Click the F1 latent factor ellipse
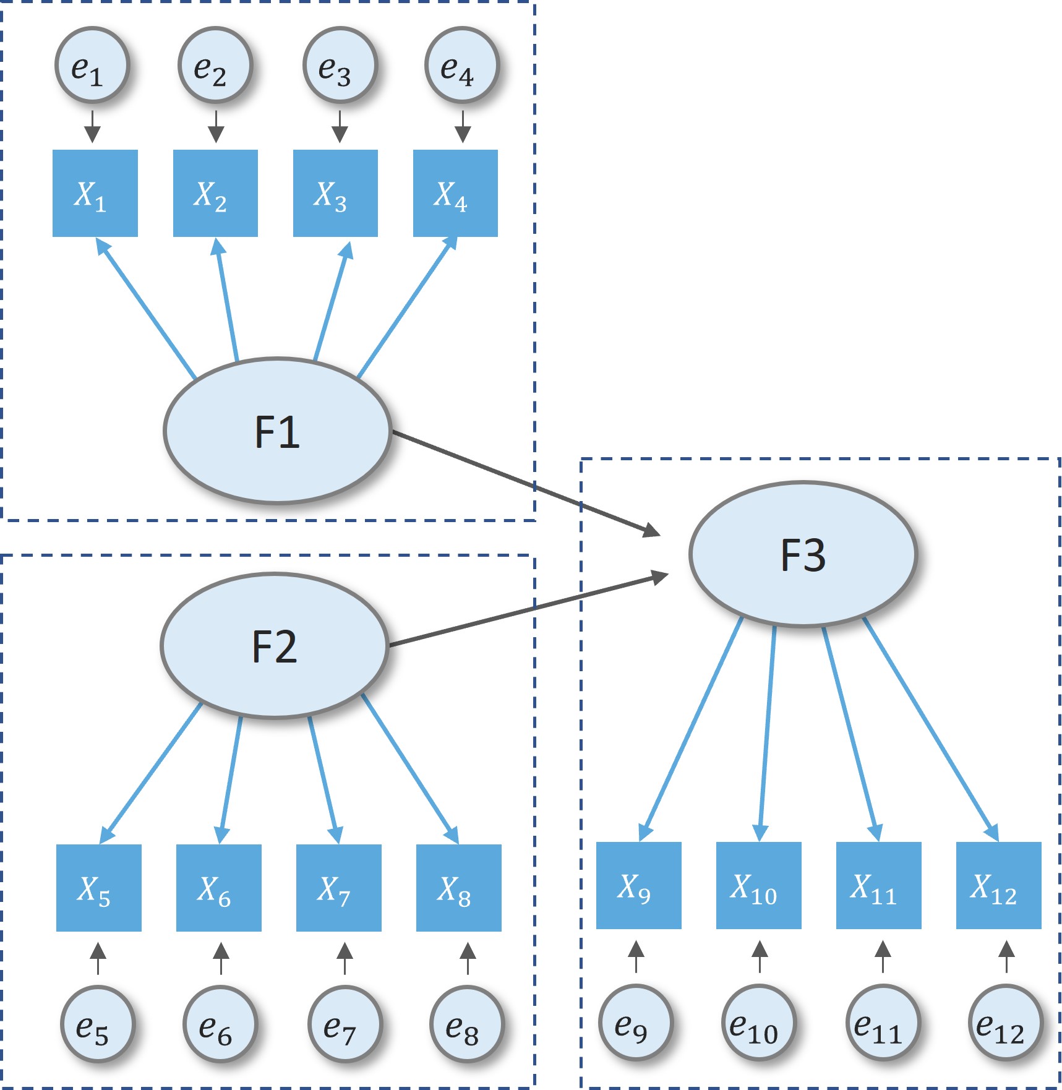pyautogui.click(x=277, y=431)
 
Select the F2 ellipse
pyautogui.click(x=274, y=646)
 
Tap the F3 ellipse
pyautogui.click(x=803, y=554)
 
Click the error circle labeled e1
pyautogui.click(x=92, y=65)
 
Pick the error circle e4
pyautogui.click(x=461, y=65)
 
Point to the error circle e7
pyautogui.click(x=345, y=1023)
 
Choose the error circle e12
pyautogui.click(x=1005, y=1022)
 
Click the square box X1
pyautogui.click(x=95, y=193)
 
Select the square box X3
pyautogui.click(x=335, y=193)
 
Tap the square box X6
pyautogui.click(x=218, y=888)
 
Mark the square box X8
pyautogui.click(x=458, y=888)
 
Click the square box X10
pyautogui.click(x=758, y=885)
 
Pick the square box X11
pyautogui.click(x=878, y=885)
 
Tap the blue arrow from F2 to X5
pyautogui.click(x=151, y=773)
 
